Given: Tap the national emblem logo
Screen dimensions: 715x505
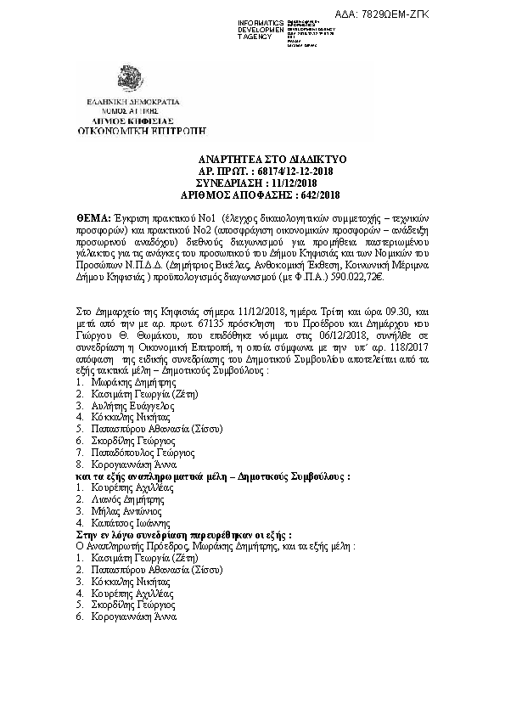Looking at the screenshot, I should click(x=132, y=80).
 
